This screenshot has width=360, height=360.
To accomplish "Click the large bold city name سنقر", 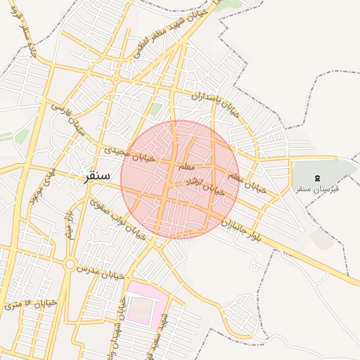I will (x=96, y=176).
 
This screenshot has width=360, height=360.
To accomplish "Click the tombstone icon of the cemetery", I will (x=316, y=177).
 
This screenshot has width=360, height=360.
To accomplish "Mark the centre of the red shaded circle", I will (x=180, y=179).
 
